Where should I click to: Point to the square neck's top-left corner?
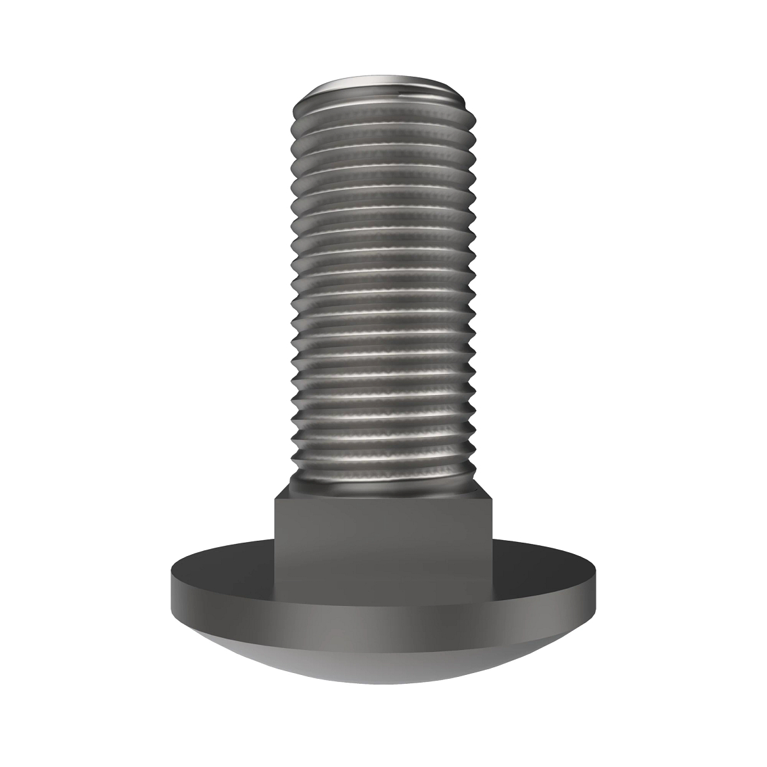(276, 500)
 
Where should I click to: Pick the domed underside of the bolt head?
(383, 646)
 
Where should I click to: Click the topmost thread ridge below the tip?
(383, 109)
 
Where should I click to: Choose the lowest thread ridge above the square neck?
(383, 470)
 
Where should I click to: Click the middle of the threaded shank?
(383, 288)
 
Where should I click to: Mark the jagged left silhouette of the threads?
(294, 288)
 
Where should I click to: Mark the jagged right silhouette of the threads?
(474, 288)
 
